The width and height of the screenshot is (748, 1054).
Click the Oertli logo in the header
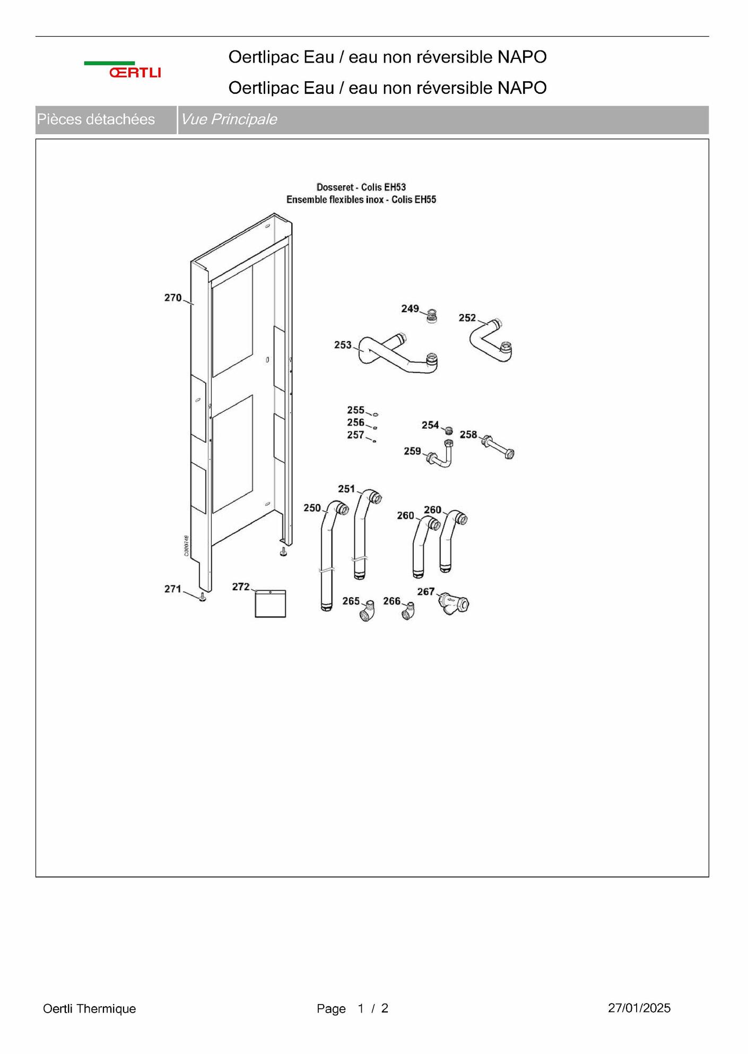tap(123, 70)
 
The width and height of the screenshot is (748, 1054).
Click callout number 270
tap(173, 298)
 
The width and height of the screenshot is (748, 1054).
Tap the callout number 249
tap(410, 308)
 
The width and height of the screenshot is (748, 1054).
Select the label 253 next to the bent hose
tap(343, 345)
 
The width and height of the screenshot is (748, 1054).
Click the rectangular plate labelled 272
tap(270, 603)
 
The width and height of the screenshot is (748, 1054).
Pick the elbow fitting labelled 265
tap(367, 611)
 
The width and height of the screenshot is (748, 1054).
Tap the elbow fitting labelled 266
tap(408, 611)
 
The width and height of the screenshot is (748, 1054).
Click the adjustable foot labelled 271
tap(203, 598)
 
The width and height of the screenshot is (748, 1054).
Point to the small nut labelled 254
tap(449, 430)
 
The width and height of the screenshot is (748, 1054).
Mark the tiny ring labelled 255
tap(376, 414)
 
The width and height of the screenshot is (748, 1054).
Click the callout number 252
tap(467, 318)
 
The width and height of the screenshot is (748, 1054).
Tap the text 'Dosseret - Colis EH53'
tap(361, 187)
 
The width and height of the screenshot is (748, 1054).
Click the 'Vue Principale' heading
tap(229, 119)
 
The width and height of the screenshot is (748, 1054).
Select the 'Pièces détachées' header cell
tap(96, 119)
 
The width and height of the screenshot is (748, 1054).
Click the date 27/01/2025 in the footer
tap(639, 1008)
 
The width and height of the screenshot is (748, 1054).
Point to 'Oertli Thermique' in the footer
tap(89, 1008)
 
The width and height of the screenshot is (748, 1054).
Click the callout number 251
tap(346, 489)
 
